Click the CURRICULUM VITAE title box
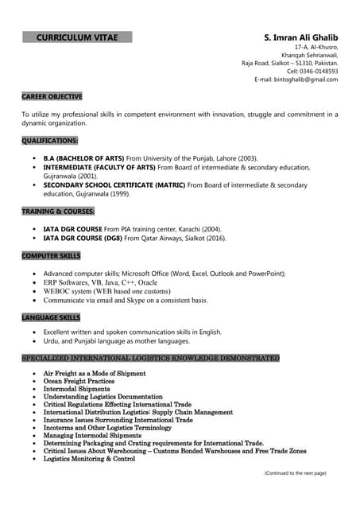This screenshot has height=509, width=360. (x=77, y=37)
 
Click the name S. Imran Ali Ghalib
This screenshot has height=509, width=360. (x=300, y=37)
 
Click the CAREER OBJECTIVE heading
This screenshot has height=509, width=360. (x=52, y=96)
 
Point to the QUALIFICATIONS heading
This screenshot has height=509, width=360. (x=50, y=140)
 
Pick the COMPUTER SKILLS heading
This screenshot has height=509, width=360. (x=51, y=255)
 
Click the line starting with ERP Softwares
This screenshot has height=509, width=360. (x=100, y=282)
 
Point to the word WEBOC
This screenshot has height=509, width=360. (x=56, y=291)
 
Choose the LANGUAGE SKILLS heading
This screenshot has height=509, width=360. (x=52, y=317)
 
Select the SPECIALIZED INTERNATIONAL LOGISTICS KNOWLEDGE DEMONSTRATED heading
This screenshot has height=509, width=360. (x=150, y=359)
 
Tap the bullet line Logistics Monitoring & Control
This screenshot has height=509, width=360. (x=89, y=459)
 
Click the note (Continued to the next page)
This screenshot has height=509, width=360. (x=295, y=473)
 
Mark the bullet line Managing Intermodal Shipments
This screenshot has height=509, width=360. (x=92, y=436)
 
